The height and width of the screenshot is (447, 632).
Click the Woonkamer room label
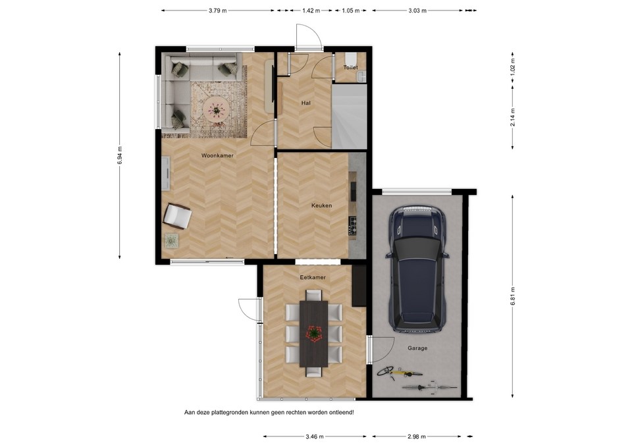coord(217,155)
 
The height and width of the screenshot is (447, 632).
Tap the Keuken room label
coord(321,205)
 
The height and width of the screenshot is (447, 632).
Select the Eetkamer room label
coord(313,277)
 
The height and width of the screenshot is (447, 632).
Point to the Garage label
coord(417,348)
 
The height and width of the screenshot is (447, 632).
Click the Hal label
coord(306,103)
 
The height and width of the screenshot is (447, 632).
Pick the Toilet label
coord(350,67)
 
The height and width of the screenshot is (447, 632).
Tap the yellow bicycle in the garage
coord(395,373)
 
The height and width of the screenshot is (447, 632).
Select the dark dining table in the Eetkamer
coord(314,334)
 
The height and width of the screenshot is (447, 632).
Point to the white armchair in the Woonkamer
coord(176,215)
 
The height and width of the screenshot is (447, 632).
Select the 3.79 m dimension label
coord(217,11)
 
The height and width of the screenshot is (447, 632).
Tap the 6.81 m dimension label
coord(513,295)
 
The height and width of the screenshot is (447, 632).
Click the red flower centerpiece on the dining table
coord(314,334)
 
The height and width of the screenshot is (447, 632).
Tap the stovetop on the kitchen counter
coord(353,226)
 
